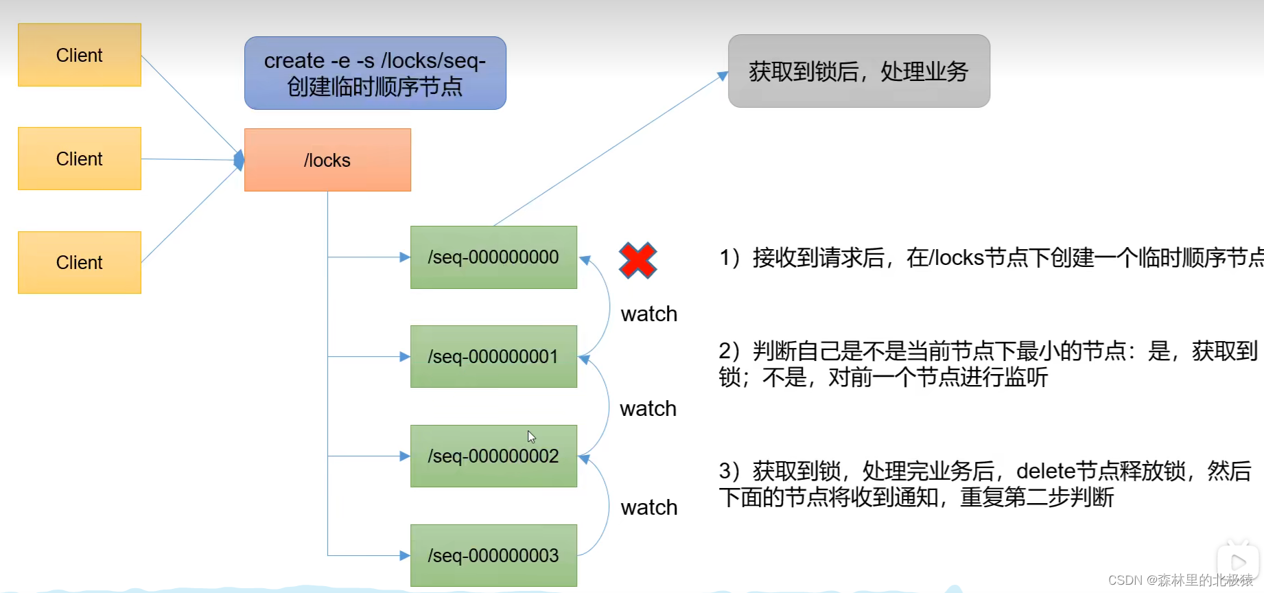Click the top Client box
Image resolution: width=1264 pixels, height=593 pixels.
(x=80, y=55)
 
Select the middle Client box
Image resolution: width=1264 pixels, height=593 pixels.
(x=80, y=159)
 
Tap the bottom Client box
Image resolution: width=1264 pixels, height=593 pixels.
(x=80, y=262)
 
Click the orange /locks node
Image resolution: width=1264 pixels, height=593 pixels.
(x=327, y=160)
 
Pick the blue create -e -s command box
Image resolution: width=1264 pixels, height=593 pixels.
(x=375, y=73)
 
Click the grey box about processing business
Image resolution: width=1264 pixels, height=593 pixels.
(x=858, y=71)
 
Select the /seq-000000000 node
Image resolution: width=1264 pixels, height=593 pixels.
(x=493, y=257)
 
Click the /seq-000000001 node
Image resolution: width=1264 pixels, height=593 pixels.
(x=493, y=357)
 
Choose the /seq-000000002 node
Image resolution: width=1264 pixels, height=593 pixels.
(x=493, y=456)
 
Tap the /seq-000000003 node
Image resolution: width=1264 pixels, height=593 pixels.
(x=493, y=555)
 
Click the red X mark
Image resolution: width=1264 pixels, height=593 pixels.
(x=637, y=261)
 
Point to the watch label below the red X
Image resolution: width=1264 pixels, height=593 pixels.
(x=648, y=314)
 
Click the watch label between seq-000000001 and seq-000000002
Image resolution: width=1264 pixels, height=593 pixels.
(x=648, y=408)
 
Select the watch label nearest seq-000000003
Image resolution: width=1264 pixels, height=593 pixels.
(x=648, y=507)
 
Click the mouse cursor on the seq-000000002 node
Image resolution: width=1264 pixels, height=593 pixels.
(x=531, y=437)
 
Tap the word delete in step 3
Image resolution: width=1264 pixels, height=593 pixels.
(x=1045, y=471)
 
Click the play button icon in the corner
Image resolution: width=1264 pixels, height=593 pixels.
(x=1238, y=563)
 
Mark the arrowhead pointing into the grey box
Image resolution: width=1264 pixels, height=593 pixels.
(x=723, y=75)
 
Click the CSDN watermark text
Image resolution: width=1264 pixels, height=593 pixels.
(x=1180, y=580)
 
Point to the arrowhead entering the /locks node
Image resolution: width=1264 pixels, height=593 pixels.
(x=239, y=160)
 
